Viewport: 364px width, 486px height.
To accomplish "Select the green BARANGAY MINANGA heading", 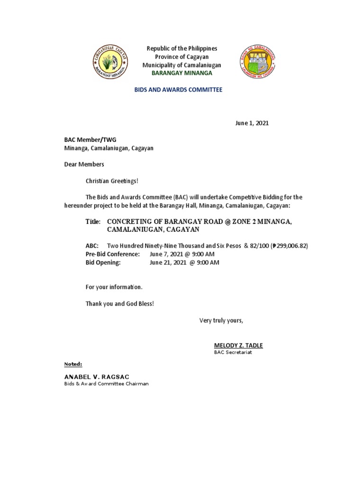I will pyautogui.click(x=182, y=73).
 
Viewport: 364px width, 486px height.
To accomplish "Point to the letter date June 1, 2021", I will pyautogui.click(x=252, y=123).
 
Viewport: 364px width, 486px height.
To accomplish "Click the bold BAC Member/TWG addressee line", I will pyautogui.click(x=90, y=140).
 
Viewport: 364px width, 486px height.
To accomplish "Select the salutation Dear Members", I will pyautogui.click(x=84, y=164).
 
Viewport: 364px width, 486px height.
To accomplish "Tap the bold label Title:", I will pyautogui.click(x=93, y=222).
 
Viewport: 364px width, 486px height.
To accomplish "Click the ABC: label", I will pyautogui.click(x=92, y=246).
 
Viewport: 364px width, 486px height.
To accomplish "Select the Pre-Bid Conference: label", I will pyautogui.click(x=112, y=254).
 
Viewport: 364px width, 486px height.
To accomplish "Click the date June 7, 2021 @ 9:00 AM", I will pyautogui.click(x=182, y=254).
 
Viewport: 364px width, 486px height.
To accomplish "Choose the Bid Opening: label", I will pyautogui.click(x=103, y=262).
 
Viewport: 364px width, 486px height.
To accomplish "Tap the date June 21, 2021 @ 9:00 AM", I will pyautogui.click(x=184, y=262).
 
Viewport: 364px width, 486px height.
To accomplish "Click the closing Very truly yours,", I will pyautogui.click(x=221, y=320).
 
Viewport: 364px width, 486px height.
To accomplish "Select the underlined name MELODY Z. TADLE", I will pyautogui.click(x=238, y=345).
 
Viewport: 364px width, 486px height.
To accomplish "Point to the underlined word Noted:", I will pyautogui.click(x=73, y=364).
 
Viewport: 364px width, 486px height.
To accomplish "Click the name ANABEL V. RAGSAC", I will pyautogui.click(x=97, y=377).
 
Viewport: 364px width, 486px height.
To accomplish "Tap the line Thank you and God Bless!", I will pyautogui.click(x=119, y=304).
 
